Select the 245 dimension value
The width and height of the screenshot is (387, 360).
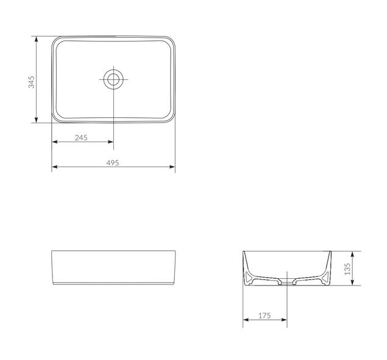[81, 138]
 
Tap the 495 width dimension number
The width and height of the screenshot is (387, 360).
[113, 163]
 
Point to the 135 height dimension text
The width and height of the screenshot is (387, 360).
[348, 268]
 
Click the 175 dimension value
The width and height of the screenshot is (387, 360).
[265, 315]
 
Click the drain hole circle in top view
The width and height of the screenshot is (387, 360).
[113, 79]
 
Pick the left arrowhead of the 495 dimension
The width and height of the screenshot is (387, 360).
[54, 167]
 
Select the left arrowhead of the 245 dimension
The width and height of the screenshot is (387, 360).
[54, 142]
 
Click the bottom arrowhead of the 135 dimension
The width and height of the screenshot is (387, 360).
[354, 284]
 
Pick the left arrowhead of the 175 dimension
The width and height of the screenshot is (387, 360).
[246, 319]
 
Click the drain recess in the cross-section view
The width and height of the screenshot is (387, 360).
[286, 281]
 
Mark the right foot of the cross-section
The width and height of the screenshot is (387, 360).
[325, 279]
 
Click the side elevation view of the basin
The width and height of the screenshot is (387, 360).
[113, 268]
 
